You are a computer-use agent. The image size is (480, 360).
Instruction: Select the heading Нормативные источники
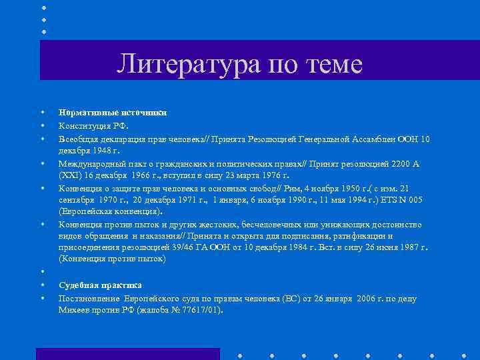[112, 113]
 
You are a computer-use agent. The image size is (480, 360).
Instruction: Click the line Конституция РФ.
[93, 125]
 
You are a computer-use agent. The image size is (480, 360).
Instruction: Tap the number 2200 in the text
[395, 163]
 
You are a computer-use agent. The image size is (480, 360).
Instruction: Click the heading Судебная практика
[100, 285]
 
